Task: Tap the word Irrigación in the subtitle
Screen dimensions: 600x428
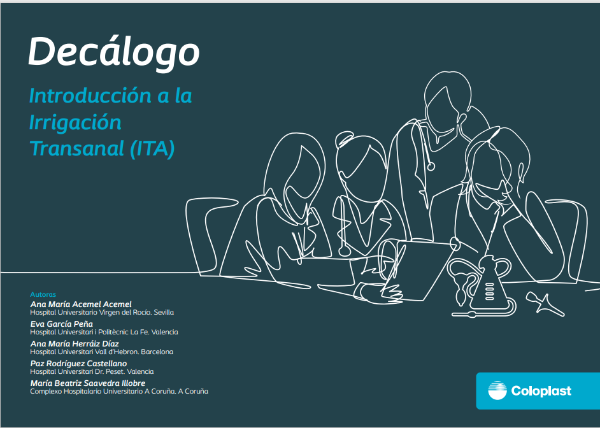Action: tap(75, 123)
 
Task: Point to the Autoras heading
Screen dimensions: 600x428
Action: tap(43, 294)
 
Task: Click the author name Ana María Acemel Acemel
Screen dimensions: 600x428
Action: tap(81, 304)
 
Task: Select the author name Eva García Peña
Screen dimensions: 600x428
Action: tap(61, 324)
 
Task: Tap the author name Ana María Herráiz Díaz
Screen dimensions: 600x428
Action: tap(75, 343)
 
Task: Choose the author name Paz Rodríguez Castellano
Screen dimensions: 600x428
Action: tap(78, 364)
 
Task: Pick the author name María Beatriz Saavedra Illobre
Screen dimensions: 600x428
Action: tap(88, 383)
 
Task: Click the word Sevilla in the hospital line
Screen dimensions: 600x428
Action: tap(164, 313)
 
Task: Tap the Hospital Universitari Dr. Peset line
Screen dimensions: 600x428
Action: tap(92, 371)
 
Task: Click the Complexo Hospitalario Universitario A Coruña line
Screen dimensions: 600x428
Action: tap(119, 391)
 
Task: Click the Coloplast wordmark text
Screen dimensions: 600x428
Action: tap(541, 391)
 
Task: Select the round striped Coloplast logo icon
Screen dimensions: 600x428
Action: tap(497, 390)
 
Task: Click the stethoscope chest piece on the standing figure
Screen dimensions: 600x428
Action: tap(431, 166)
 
